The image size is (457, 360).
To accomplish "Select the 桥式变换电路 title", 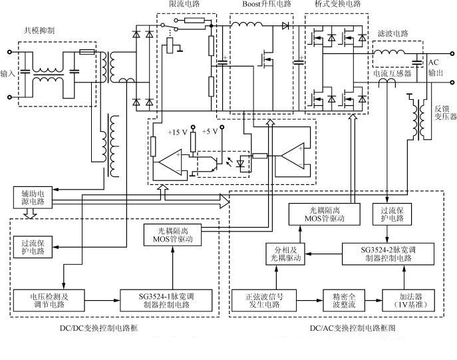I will click(x=338, y=4).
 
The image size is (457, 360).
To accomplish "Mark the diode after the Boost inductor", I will click(x=285, y=26).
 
